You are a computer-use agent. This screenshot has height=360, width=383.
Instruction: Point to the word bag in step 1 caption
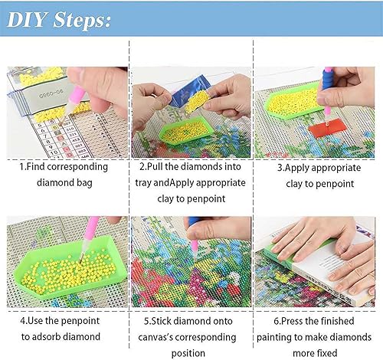[87, 183]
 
